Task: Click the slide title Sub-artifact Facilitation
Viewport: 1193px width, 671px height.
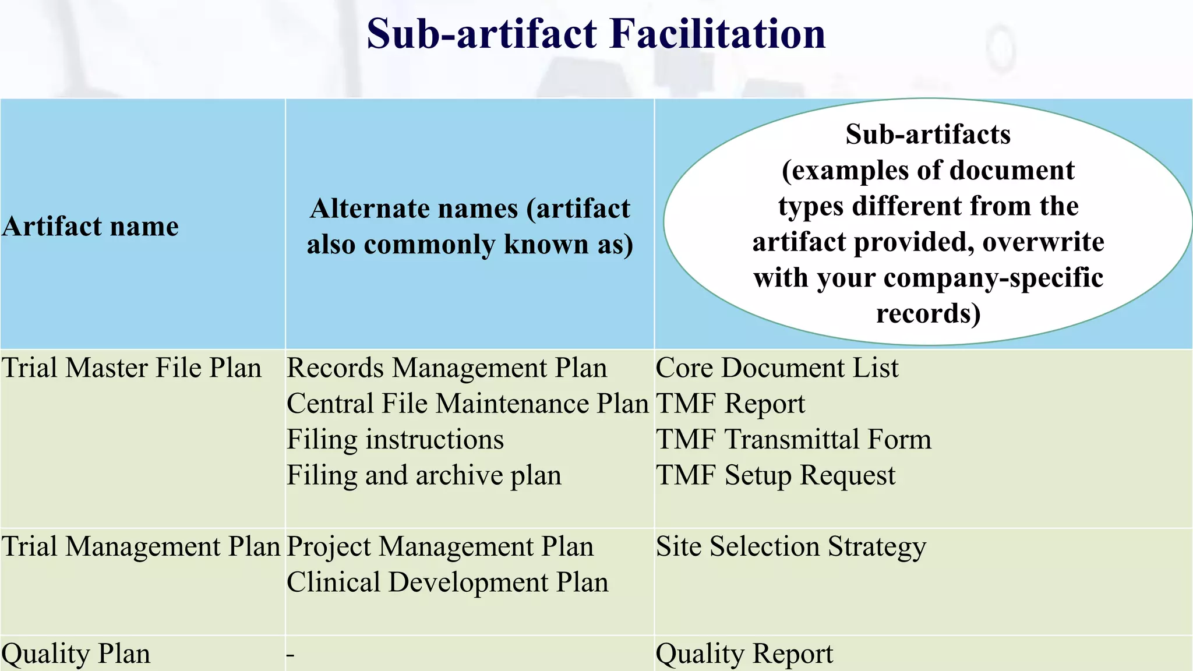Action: [596, 34]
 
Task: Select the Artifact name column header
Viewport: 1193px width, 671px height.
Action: [90, 226]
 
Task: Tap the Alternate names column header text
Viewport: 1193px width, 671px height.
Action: [470, 226]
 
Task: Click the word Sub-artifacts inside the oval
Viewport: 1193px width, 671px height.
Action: [928, 135]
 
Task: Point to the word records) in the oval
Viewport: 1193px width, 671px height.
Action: [928, 313]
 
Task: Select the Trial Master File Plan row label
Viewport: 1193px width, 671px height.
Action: [132, 368]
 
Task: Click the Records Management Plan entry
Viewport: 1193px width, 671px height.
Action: [447, 368]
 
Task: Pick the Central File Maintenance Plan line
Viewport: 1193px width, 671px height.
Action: [468, 404]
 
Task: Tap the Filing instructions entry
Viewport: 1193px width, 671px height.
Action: [395, 440]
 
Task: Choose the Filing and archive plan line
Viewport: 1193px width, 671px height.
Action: [424, 475]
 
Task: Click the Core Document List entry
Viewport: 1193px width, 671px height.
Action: [777, 368]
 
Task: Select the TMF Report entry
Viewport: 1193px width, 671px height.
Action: [730, 404]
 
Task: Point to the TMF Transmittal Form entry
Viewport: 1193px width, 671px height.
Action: [793, 440]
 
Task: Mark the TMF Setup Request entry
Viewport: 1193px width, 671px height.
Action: [775, 475]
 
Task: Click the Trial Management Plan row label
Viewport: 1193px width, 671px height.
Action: [142, 547]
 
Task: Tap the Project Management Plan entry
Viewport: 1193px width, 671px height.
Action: [440, 547]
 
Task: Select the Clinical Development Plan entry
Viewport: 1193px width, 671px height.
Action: [447, 582]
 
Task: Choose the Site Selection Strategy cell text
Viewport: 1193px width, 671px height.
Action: [790, 547]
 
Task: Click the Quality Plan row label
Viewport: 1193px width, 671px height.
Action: [76, 654]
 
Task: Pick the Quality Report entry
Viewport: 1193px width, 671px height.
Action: [744, 654]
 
